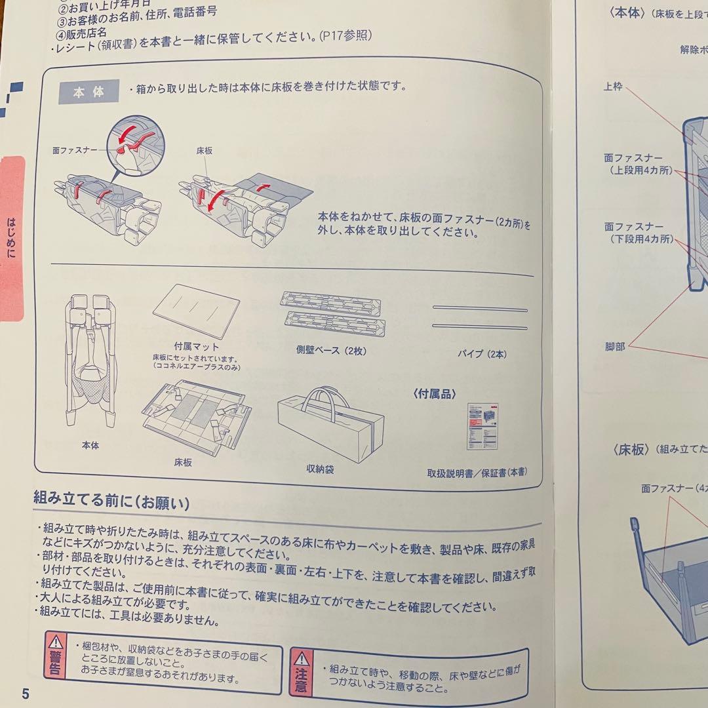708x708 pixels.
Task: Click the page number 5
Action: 25,694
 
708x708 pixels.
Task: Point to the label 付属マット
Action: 196,345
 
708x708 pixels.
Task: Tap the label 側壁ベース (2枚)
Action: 331,351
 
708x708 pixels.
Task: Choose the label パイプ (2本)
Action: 482,354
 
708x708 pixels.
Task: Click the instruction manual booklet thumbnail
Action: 482,425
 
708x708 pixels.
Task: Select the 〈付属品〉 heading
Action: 434,393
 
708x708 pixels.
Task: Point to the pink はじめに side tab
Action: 11,239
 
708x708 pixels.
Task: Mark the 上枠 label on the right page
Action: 613,87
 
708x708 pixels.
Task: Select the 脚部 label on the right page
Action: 615,346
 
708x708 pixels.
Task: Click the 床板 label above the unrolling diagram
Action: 204,151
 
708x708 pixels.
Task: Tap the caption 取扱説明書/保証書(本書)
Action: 477,472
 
